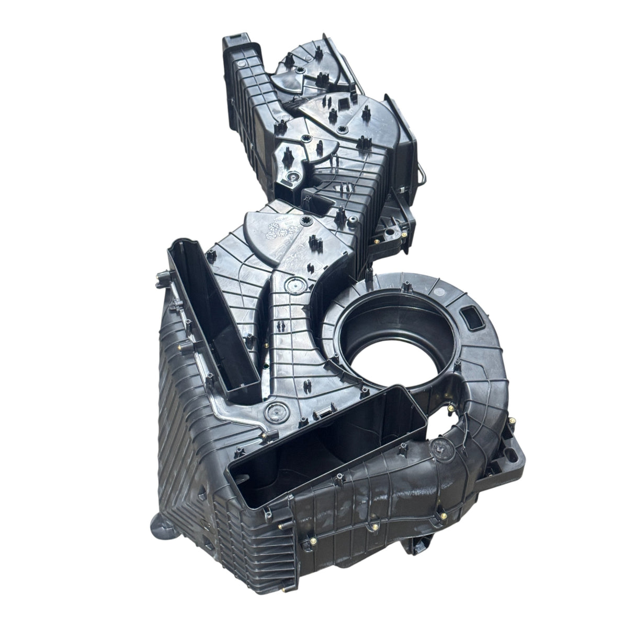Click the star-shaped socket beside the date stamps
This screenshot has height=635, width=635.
click(303, 217)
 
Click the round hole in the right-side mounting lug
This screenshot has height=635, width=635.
click(389, 229)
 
